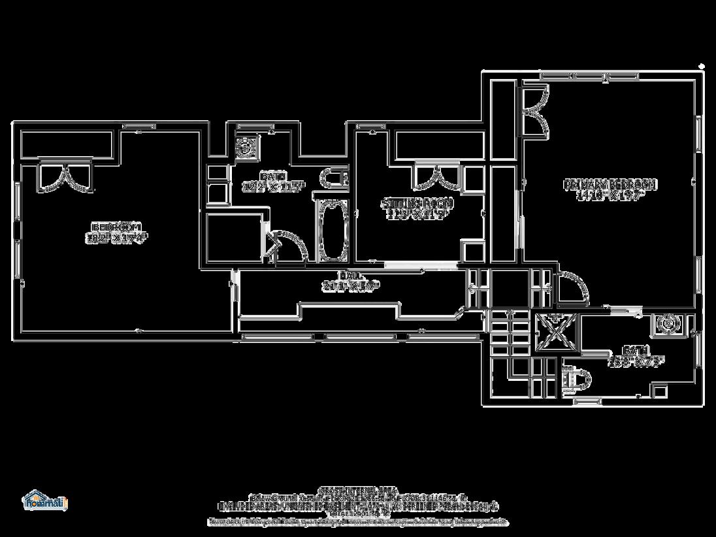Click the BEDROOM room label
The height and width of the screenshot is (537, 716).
(x=116, y=227)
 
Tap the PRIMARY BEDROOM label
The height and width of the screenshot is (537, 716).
(x=610, y=185)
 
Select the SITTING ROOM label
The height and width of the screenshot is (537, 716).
(x=417, y=203)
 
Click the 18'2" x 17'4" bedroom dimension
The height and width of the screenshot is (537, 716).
(x=114, y=238)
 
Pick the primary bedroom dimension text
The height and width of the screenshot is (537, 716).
(x=610, y=195)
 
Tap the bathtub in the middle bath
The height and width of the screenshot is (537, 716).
(x=333, y=230)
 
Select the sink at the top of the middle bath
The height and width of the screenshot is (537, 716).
(x=246, y=146)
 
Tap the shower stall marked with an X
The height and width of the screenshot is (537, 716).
(x=557, y=333)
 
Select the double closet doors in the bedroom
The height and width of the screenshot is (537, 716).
(x=65, y=177)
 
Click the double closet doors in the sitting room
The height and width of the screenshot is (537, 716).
(x=437, y=176)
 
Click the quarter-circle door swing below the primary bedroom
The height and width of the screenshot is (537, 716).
(x=572, y=287)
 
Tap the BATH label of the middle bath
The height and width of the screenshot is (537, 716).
(x=269, y=176)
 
